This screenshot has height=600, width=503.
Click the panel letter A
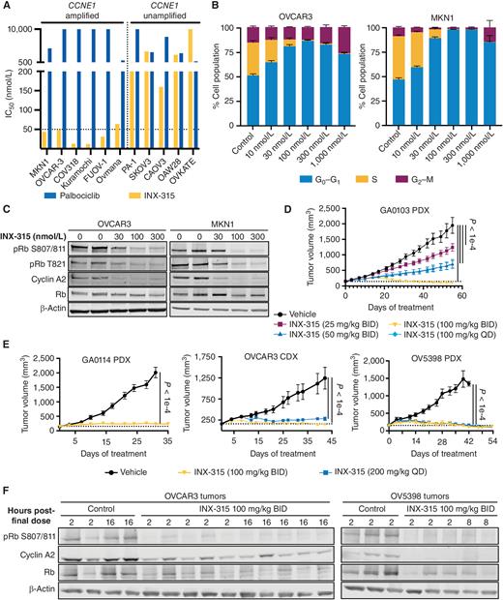click(x=7, y=7)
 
